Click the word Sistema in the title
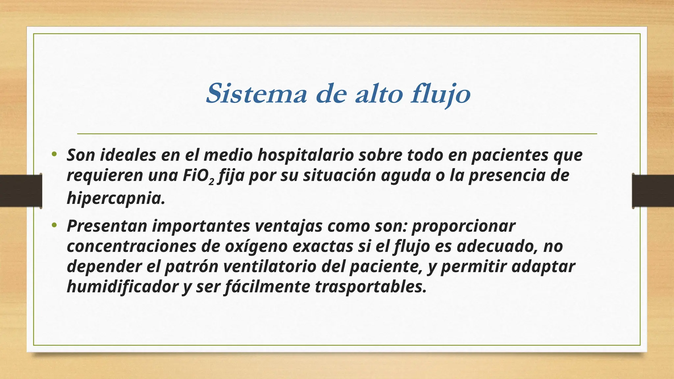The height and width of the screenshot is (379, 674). (x=256, y=94)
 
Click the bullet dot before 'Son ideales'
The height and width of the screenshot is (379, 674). (x=54, y=154)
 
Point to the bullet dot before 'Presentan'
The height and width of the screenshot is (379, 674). (x=54, y=225)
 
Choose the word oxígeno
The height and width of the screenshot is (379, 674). (x=256, y=246)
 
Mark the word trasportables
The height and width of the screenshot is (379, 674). (x=371, y=287)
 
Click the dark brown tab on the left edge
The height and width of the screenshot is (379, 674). (x=21, y=191)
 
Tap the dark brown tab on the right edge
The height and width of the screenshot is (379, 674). (x=653, y=191)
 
